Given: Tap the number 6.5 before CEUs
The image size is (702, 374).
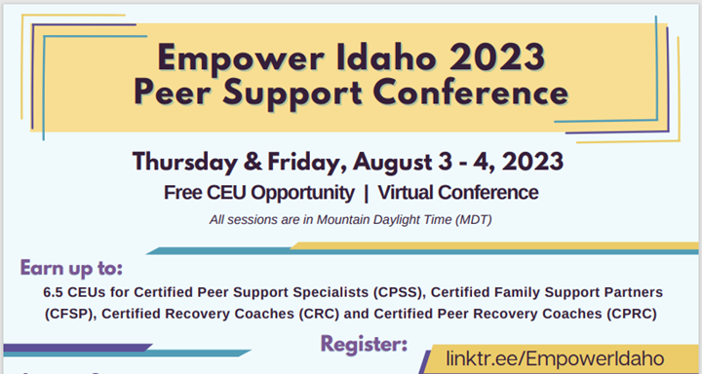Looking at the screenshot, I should [x=54, y=292].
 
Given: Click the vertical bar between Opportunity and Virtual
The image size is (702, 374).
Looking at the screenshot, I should [x=369, y=192].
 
